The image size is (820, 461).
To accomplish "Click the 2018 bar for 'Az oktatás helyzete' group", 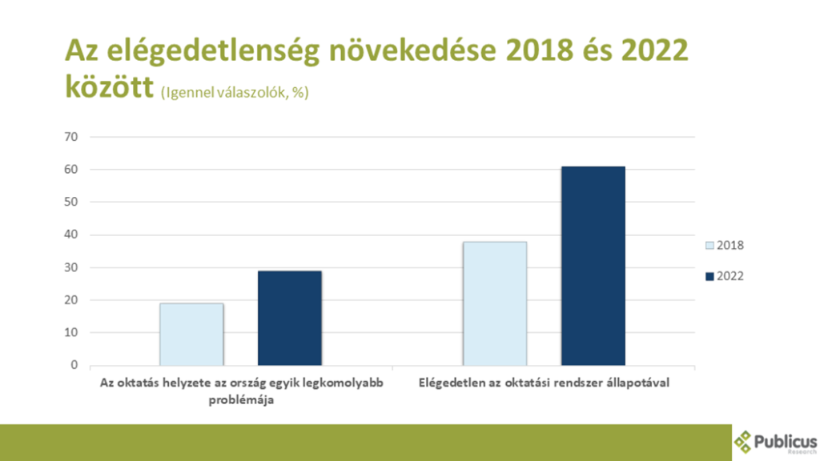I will point(191,334).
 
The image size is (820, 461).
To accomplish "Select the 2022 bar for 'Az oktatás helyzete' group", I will point(289,318).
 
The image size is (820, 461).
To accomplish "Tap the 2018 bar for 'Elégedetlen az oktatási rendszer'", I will point(494,303).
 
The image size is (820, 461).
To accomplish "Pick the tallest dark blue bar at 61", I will point(593,266).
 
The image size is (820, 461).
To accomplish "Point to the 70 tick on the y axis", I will point(71,137).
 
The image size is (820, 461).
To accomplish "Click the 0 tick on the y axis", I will point(74,365).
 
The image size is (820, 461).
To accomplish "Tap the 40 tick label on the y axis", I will point(71,235).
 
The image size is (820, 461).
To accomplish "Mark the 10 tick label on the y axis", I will point(71,332).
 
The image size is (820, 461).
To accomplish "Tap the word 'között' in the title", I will point(108,87).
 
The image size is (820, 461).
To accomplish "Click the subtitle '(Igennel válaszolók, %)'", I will point(235,93).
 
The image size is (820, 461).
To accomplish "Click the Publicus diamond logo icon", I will point(745,441).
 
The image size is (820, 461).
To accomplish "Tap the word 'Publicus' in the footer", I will point(786,440).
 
